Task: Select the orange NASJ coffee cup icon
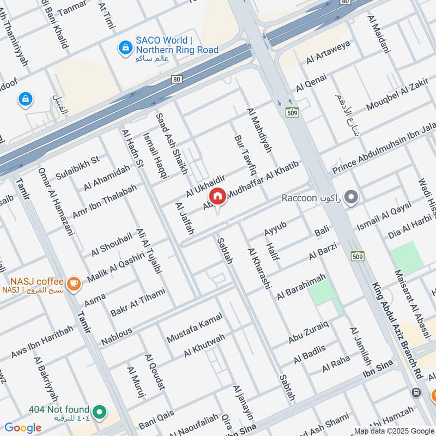pyautogui.click(x=74, y=283)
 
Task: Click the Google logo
pyautogui.click(x=23, y=427)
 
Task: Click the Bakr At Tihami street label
pyautogui.click(x=137, y=303)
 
